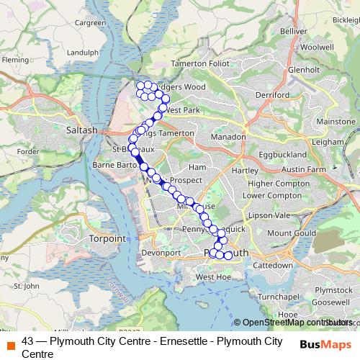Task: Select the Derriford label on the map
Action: (x=271, y=94)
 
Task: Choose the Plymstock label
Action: (x=332, y=289)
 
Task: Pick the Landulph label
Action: (x=81, y=52)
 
